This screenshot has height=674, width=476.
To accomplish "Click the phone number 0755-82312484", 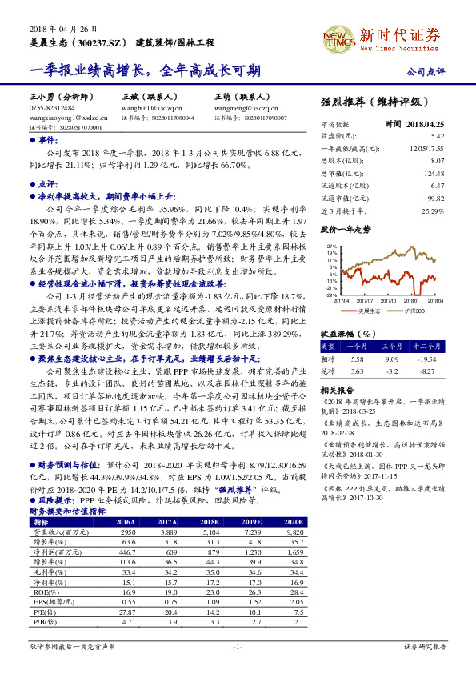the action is pyautogui.click(x=52, y=107).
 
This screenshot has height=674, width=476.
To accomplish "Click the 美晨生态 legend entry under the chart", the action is pyautogui.click(x=369, y=310).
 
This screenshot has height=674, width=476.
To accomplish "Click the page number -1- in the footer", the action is pyautogui.click(x=238, y=645).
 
